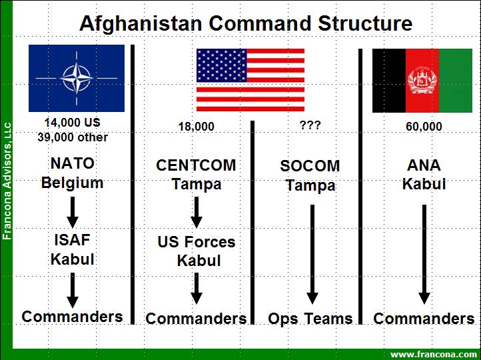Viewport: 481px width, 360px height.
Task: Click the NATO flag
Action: point(76,78)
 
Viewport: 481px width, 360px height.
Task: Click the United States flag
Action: point(250,79)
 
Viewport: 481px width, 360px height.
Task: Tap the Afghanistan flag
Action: point(422,80)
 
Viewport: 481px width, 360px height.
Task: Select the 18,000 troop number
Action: point(196,126)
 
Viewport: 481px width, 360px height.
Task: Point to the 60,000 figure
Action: point(424,126)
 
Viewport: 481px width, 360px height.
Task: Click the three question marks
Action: point(310,125)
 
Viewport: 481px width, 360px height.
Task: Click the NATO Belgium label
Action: point(72,173)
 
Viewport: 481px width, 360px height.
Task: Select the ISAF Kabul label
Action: point(72,249)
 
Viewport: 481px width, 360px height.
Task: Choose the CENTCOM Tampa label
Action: point(196,175)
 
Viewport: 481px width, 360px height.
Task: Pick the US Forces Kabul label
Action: point(197,251)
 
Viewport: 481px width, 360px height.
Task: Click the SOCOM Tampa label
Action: point(310,175)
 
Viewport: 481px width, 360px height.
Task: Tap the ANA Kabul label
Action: point(424,174)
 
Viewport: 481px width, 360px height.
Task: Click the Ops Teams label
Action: point(310,319)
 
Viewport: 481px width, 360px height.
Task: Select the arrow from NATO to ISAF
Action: point(73,211)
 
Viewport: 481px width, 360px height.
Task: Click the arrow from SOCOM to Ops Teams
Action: point(311,253)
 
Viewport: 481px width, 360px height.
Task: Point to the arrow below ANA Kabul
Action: point(424,253)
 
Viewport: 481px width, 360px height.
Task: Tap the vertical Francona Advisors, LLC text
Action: point(7,180)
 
